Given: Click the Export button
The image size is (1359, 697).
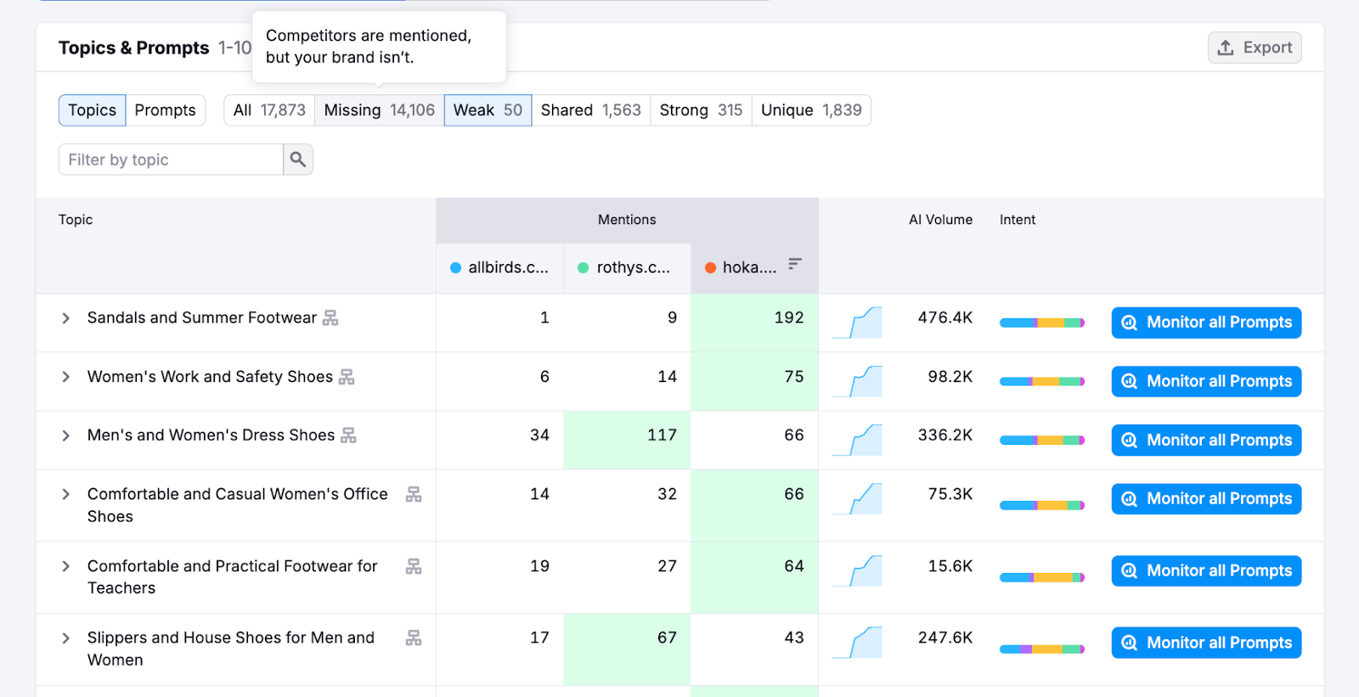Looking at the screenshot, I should coord(1255,48).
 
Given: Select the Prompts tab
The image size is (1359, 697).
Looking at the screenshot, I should coord(165,110).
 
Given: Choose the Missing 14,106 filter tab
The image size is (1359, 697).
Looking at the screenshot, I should coord(379,110).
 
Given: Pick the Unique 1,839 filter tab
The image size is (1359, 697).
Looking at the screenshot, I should coord(811,110).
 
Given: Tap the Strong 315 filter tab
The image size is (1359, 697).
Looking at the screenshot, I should coord(701,110).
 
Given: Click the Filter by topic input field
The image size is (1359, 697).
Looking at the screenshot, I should coord(171,160).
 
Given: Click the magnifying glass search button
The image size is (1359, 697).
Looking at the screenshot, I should coord(298,160).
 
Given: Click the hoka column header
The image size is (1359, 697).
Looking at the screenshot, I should coord(748,267).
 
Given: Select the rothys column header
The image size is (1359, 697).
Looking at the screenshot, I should coord(633,267).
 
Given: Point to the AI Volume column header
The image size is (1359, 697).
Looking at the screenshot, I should coord(940,220).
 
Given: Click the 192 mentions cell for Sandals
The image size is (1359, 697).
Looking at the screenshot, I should coord(788,318).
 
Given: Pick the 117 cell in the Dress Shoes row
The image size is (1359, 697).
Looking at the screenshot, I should coord(662,436).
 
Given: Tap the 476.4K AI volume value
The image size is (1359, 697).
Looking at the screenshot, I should coord(945,318).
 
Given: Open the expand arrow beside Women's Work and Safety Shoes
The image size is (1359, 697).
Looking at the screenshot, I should coord(65,377).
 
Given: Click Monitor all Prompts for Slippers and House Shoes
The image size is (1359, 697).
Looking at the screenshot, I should coord(1206,643).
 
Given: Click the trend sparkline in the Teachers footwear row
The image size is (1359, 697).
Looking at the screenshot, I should coord(858,571).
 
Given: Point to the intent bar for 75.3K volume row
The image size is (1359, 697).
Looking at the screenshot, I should coord(1041,505).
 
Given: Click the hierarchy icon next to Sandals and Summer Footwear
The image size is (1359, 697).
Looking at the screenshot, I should coord(330,318).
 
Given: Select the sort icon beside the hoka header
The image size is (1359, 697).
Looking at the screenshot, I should coord(794,264).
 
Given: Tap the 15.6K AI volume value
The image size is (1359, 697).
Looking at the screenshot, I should coord(950,566).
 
